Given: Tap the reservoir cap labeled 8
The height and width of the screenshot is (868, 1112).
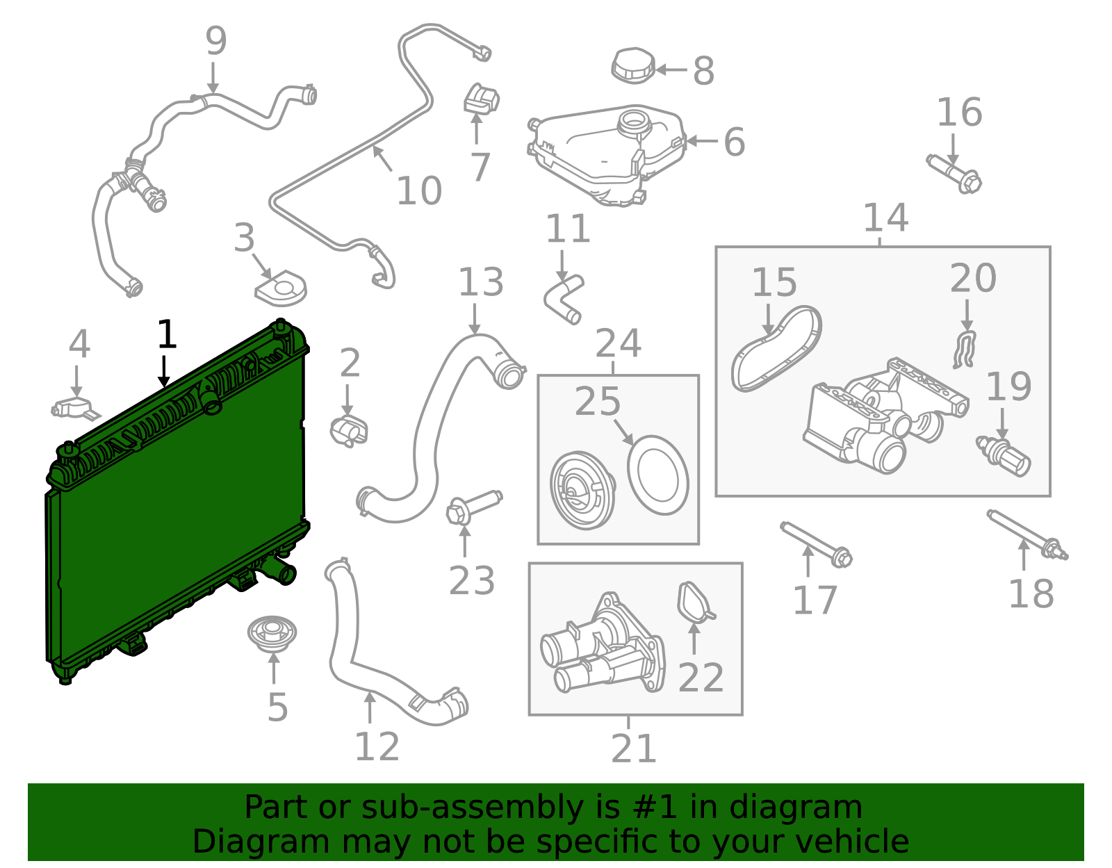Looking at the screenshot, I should [x=633, y=66].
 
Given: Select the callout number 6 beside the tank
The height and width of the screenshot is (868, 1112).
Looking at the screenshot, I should [x=734, y=142].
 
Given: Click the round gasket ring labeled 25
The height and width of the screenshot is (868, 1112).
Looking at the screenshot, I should [x=657, y=475].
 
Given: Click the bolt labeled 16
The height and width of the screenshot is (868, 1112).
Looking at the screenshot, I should [x=955, y=174].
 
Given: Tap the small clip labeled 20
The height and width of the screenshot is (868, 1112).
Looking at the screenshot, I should [x=965, y=350].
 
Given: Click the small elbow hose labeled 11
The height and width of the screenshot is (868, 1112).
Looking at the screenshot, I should [x=564, y=299].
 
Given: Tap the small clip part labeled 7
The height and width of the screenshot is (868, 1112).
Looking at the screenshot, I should [x=481, y=99].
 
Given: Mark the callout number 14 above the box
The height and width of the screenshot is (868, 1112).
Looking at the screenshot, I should [x=885, y=218].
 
